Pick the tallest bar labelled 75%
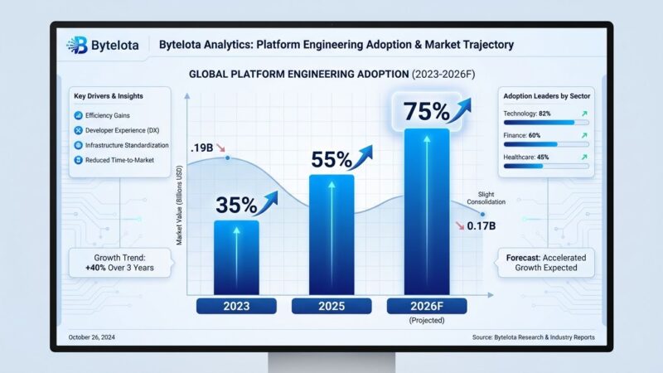426,211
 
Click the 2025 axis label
331,306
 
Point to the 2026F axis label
426,306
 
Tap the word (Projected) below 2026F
426,320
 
